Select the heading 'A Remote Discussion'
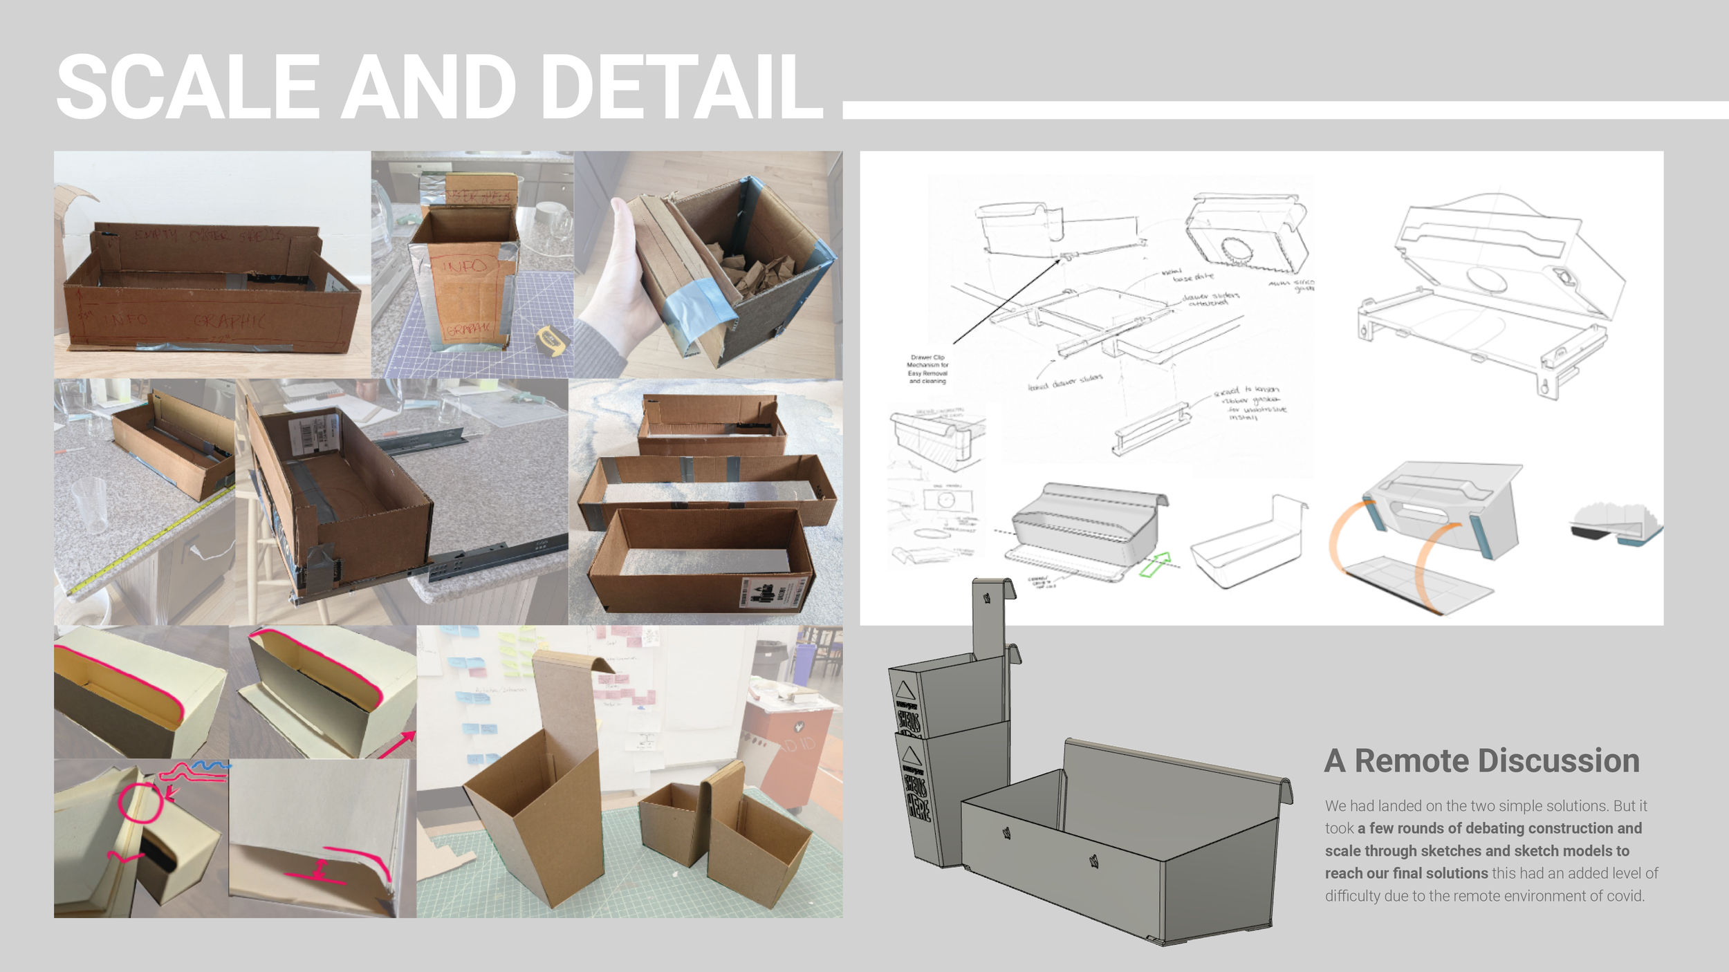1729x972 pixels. (1481, 761)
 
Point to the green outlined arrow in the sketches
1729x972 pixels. (1154, 564)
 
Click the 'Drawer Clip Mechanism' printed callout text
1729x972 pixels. (927, 369)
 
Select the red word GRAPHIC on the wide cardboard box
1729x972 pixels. (229, 321)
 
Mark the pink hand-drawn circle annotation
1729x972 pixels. (140, 803)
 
